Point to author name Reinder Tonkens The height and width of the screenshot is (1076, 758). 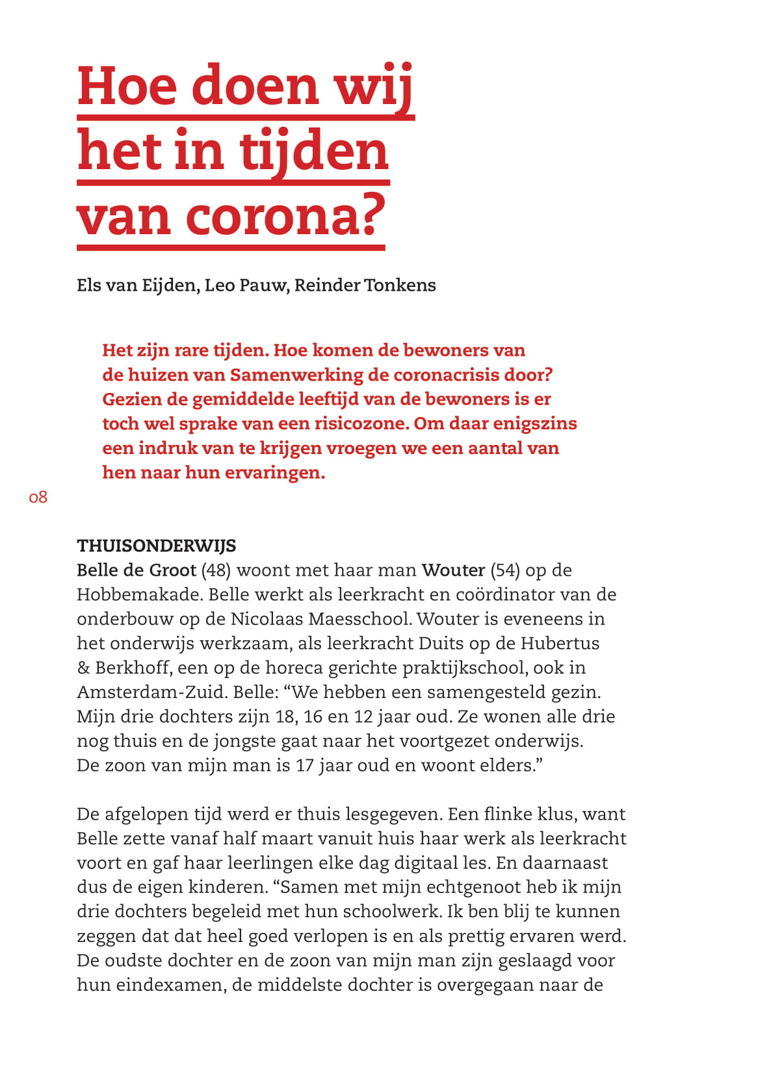coord(365,285)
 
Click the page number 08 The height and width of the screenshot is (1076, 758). coord(38,498)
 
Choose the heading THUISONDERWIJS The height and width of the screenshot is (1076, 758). coord(156,545)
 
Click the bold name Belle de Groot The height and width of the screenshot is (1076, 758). coord(137,570)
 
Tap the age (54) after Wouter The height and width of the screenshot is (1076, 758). coord(505,570)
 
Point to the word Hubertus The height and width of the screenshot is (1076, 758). coord(560,643)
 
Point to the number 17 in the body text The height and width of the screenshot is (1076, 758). coord(305,765)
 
